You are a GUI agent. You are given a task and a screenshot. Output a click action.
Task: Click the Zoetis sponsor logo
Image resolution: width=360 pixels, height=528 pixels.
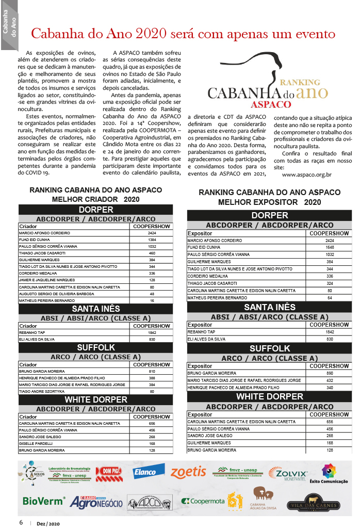[188, 472]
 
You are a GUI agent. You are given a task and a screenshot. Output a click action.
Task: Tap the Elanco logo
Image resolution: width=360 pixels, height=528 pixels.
[148, 471]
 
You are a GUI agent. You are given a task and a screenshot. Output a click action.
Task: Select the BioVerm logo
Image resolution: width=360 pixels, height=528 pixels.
[43, 501]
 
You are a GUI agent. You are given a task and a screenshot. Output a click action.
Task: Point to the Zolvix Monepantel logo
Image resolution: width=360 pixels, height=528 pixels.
[288, 473]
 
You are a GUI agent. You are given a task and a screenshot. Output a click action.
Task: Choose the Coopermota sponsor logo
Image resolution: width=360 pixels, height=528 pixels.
[203, 501]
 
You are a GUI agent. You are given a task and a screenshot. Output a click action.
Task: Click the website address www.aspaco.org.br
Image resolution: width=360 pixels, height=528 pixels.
[306, 174]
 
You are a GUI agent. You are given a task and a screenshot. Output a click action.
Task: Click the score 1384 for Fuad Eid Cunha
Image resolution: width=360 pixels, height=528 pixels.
[152, 240]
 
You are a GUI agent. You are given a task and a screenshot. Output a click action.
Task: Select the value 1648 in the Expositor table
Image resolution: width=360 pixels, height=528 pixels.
[330, 248]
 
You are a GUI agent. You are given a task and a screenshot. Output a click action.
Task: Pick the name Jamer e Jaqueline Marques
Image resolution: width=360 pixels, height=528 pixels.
[47, 280]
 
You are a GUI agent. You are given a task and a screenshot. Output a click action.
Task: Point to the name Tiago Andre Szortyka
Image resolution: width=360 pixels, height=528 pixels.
[40, 391]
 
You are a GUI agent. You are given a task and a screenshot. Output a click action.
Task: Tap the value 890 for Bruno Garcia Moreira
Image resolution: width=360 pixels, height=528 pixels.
[330, 373]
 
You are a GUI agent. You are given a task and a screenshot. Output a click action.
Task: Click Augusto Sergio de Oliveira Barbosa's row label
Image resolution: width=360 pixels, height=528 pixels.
[57, 293]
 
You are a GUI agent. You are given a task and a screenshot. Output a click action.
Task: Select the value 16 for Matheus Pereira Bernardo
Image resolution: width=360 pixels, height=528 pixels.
[152, 300]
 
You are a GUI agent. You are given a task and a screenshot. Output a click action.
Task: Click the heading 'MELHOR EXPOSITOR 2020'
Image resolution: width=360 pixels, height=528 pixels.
[269, 202]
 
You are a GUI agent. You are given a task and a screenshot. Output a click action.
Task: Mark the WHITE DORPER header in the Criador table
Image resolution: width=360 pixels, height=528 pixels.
[95, 399]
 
